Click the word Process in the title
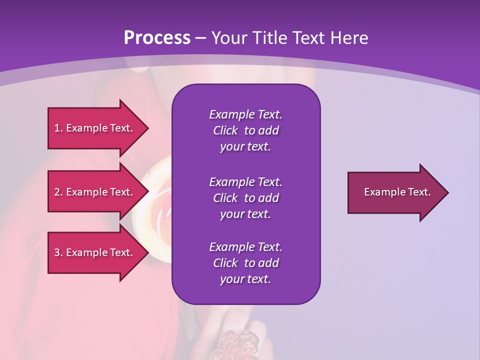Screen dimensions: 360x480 click(157, 38)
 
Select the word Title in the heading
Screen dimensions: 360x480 click(271, 38)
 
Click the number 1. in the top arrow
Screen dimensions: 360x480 click(58, 128)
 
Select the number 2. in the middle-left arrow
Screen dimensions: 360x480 click(58, 192)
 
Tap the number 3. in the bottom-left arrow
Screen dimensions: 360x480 click(58, 252)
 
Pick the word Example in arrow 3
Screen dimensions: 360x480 click(86, 252)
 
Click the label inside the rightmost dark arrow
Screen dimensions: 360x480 click(397, 192)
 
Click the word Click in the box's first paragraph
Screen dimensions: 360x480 click(225, 130)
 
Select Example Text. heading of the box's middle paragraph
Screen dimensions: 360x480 click(245, 182)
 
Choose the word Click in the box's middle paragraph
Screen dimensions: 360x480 click(225, 198)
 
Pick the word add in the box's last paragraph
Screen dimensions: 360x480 click(268, 263)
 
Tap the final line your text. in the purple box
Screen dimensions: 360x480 click(245, 279)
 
